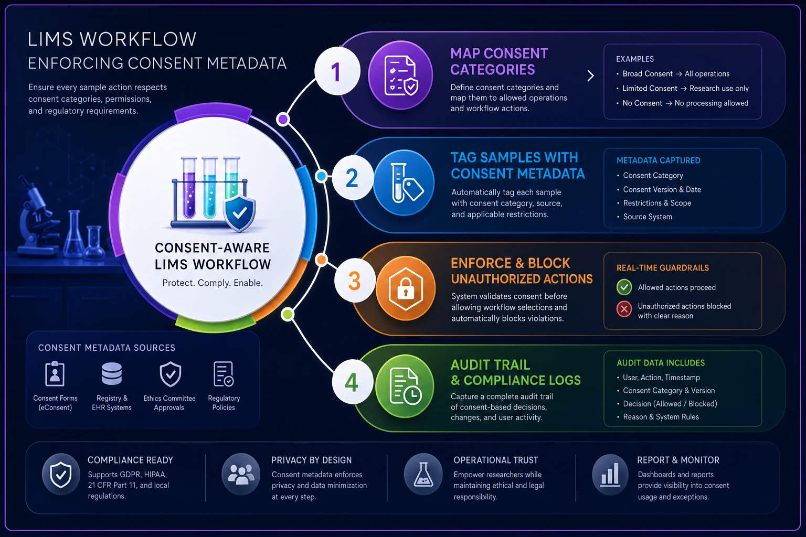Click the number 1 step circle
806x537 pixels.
337,71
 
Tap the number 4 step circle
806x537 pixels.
352,382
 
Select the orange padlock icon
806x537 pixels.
406,288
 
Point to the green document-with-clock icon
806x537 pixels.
405,386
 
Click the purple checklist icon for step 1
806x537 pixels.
400,75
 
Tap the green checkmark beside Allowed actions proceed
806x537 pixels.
624,287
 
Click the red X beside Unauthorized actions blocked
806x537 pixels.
624,309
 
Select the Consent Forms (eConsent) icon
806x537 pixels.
55,374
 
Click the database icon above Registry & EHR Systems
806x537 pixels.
112,374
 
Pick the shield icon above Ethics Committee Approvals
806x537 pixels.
170,374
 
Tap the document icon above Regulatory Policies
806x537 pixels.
224,374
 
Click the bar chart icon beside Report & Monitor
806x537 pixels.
610,475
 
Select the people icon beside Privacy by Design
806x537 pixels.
241,475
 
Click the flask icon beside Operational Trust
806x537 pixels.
423,475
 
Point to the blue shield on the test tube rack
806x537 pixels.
239,213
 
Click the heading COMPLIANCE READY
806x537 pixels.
130,460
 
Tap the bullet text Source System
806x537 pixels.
648,217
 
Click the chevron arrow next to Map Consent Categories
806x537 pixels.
590,76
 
